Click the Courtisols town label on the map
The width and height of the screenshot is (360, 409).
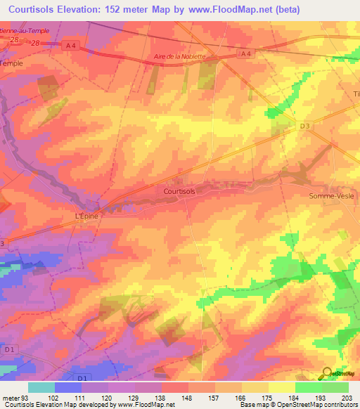click(179, 190)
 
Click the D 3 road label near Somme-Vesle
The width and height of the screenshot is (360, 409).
click(304, 126)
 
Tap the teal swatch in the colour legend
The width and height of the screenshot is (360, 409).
click(41, 387)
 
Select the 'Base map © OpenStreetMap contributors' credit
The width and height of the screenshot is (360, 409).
click(298, 405)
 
